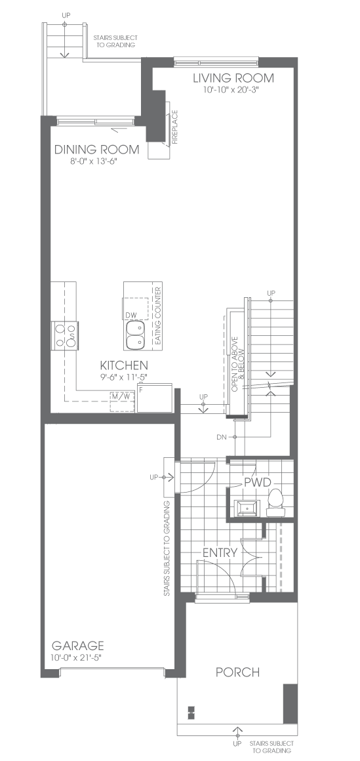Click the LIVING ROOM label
[233, 77]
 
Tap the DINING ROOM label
[96, 150]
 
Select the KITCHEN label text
[124, 365]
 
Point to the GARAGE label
[77, 646]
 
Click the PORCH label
[238, 672]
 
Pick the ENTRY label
[220, 553]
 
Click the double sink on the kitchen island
[135, 336]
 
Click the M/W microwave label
[121, 396]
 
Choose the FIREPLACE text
[175, 128]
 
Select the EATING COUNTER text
[157, 316]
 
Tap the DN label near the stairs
[221, 438]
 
